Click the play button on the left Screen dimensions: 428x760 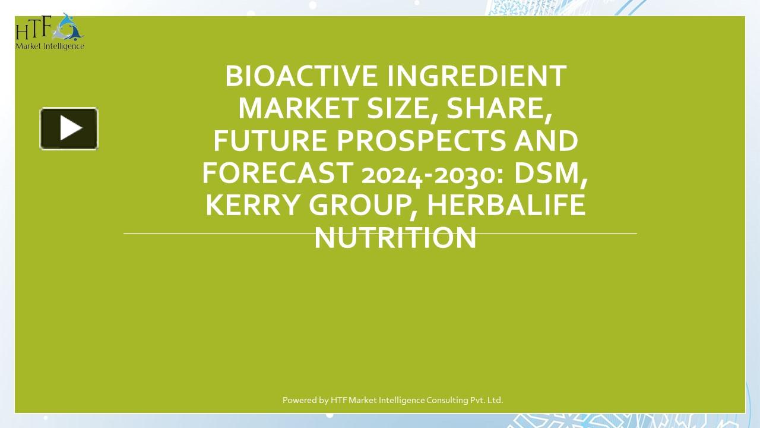[x=69, y=128]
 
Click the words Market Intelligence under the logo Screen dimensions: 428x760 [x=50, y=46]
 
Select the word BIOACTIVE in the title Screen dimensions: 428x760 [x=301, y=76]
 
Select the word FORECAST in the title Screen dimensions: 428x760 [x=277, y=173]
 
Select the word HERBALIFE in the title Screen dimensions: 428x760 [x=506, y=205]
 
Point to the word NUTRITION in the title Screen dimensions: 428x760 [x=395, y=237]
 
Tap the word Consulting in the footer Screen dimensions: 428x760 [x=448, y=400]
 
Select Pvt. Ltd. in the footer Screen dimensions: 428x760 [x=487, y=400]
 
